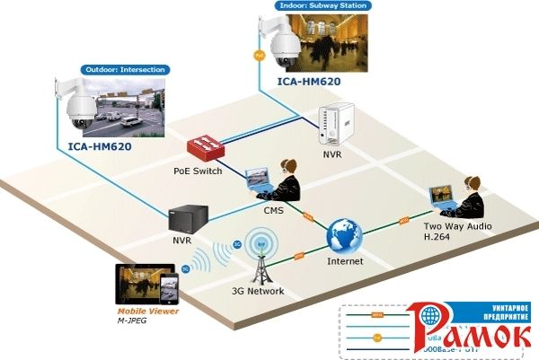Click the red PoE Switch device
tap(208, 146)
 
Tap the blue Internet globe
tap(345, 236)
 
